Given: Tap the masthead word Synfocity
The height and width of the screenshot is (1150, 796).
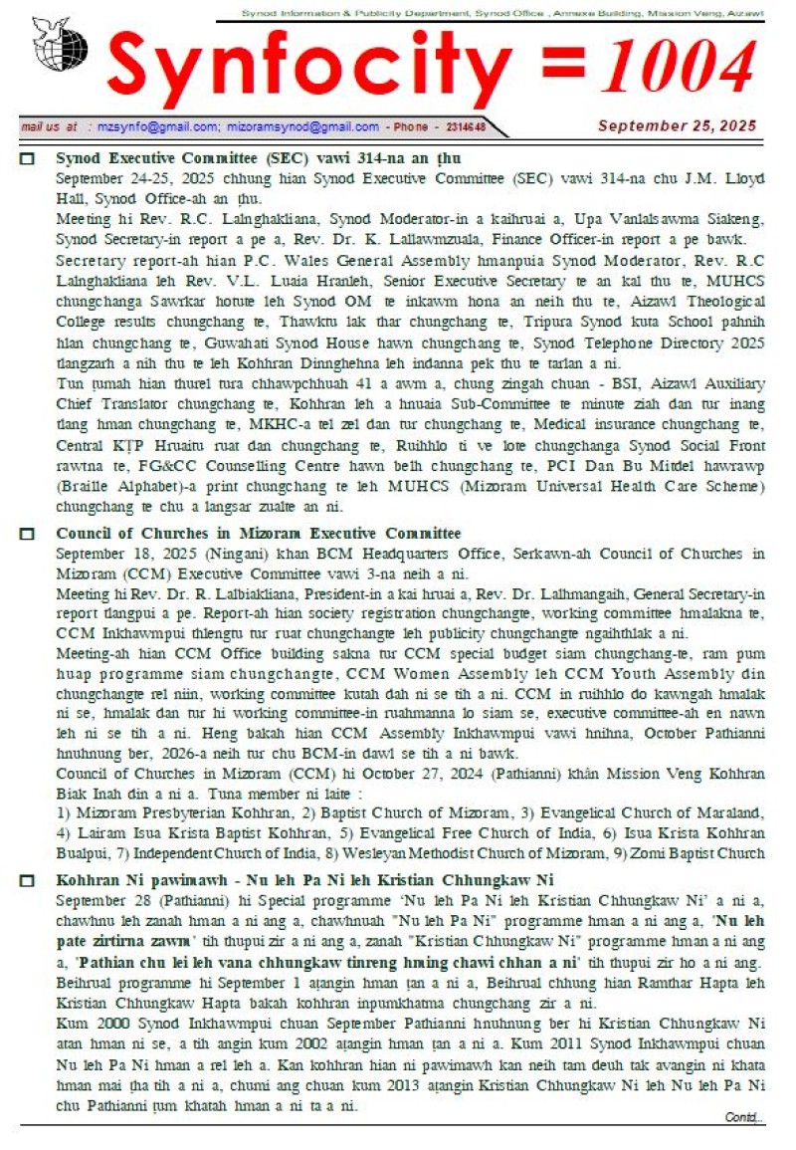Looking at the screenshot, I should (308, 71).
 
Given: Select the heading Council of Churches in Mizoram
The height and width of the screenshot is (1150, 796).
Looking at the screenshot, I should (258, 534).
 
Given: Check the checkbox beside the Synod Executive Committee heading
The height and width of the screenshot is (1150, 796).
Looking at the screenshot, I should (28, 159).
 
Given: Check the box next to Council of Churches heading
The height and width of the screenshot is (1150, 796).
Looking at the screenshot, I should (28, 534).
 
